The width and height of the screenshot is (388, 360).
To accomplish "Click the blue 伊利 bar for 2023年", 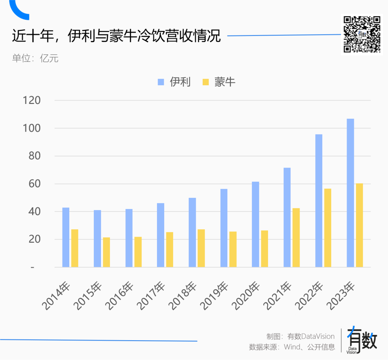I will (350, 193).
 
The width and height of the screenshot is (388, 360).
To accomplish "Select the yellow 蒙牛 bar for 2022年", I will (328, 228).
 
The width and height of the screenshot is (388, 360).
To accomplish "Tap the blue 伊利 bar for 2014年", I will (66, 237).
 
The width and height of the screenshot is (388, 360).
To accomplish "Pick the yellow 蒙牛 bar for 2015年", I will (106, 252).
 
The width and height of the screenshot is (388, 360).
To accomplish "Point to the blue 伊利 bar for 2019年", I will (224, 228).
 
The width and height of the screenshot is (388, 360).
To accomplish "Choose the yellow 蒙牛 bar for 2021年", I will (296, 237).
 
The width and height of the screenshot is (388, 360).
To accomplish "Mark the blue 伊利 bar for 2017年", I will (161, 235).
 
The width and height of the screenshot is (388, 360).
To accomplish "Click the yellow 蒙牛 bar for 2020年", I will (264, 249).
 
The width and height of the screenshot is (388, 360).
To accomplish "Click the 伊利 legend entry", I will (174, 82).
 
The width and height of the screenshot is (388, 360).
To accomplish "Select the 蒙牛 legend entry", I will (219, 82).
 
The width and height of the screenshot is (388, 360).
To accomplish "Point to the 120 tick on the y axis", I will (32, 100).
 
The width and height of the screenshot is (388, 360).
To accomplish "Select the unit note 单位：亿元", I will (35, 58).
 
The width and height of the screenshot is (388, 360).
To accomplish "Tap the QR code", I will (362, 35).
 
